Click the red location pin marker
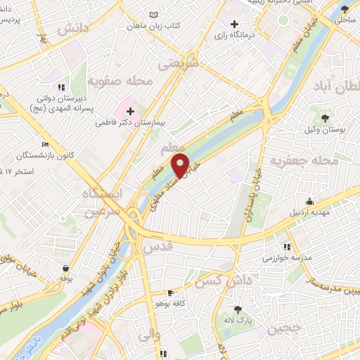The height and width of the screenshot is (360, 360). click(x=181, y=165)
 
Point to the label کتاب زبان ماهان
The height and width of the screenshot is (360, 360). click(x=154, y=25)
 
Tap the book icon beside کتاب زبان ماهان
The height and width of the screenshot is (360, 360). click(x=154, y=14)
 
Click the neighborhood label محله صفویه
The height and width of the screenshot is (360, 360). click(x=121, y=82)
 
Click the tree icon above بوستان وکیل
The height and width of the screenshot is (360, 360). click(x=325, y=117)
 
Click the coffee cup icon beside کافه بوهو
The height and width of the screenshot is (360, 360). click(x=169, y=292)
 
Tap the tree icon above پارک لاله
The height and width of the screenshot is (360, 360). click(x=238, y=309)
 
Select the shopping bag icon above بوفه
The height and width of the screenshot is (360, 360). click(x=65, y=269)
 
